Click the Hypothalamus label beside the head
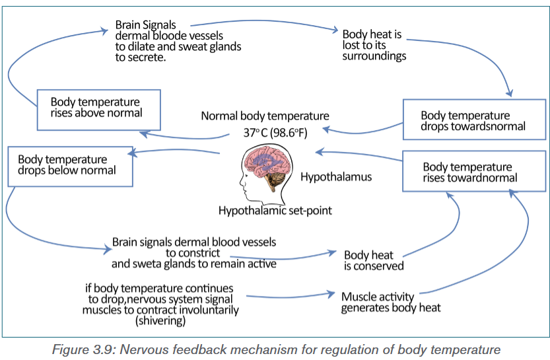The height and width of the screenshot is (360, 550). [336, 176]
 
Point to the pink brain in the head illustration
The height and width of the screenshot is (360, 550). [268, 162]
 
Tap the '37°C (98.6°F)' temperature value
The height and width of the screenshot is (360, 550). [275, 133]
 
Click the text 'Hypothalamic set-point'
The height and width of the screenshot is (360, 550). [275, 211]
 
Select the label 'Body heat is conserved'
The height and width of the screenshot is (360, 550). [374, 260]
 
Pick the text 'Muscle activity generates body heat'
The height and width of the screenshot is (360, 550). [391, 302]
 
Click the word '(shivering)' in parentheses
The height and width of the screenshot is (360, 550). [160, 321]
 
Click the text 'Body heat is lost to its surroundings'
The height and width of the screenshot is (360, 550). [374, 45]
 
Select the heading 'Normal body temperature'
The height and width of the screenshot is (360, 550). [265, 116]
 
